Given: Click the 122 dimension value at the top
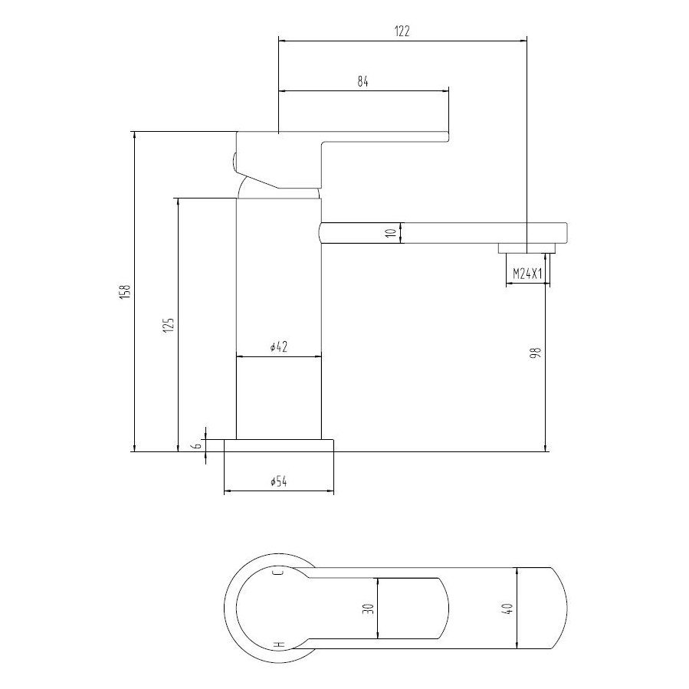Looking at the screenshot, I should click(402, 31).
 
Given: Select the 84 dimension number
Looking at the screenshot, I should click(363, 84).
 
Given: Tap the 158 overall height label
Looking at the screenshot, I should click(126, 292).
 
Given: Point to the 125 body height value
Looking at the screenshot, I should click(169, 324).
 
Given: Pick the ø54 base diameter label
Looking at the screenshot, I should click(278, 482).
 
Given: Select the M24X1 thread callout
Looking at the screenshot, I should click(527, 274).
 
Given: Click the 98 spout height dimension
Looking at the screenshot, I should click(536, 353).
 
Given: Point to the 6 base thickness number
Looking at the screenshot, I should click(197, 445).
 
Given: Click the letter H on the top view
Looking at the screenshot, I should click(279, 645).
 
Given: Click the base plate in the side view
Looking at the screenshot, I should click(278, 445).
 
